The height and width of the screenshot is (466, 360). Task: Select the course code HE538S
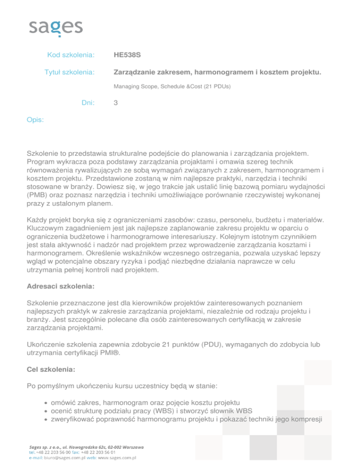(127, 55)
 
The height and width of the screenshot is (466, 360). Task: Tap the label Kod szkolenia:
(71, 55)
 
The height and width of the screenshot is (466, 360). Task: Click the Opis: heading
(35, 120)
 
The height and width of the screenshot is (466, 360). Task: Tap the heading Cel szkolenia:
(50, 369)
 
